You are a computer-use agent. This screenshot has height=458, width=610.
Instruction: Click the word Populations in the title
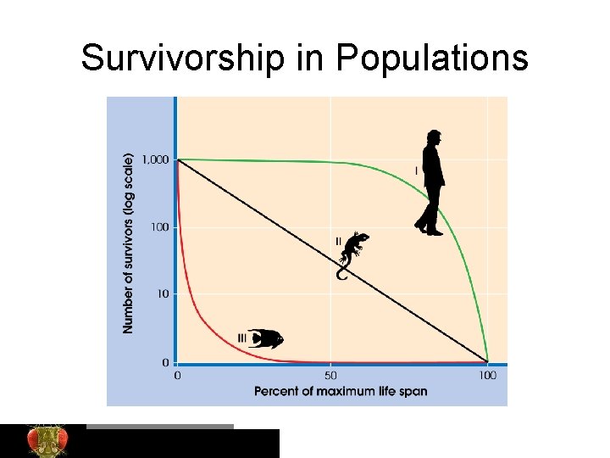[x=431, y=59]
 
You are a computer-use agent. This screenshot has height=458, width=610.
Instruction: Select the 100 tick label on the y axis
[x=158, y=227]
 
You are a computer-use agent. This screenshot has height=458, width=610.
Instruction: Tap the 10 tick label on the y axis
[x=162, y=294]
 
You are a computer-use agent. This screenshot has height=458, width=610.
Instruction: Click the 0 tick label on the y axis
[x=164, y=362]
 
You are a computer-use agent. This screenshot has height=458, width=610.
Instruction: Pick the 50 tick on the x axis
[x=330, y=375]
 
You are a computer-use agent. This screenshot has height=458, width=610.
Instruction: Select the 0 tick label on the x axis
[x=176, y=375]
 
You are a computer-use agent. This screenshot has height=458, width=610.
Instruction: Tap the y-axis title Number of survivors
[x=129, y=243]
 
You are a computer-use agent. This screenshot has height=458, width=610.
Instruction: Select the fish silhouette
[x=265, y=338]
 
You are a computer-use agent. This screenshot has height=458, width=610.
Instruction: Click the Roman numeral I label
[x=416, y=171]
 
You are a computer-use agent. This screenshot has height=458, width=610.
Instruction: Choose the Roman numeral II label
[x=339, y=242]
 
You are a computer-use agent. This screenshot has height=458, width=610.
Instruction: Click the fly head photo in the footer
[x=47, y=440]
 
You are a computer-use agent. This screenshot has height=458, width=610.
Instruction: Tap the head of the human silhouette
[x=433, y=137]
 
